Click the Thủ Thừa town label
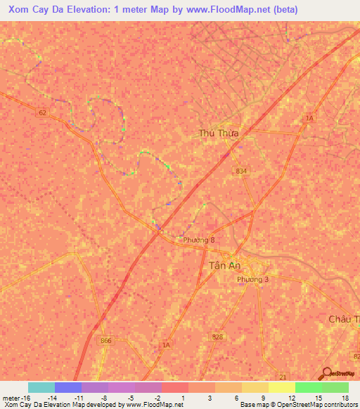coord(219,133)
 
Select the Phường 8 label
coord(198,240)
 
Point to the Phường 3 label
coord(252,279)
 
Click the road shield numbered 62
coord(43,112)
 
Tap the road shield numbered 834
coord(241,171)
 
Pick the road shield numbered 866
coord(105,340)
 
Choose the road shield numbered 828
coord(217,337)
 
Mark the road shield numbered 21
coord(283,377)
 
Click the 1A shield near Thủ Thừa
coord(309,119)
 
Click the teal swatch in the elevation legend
coord(41,387)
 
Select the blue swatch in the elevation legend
coord(68,387)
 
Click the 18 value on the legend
coord(345,398)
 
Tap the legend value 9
coord(264,398)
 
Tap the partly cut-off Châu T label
coord(344,319)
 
